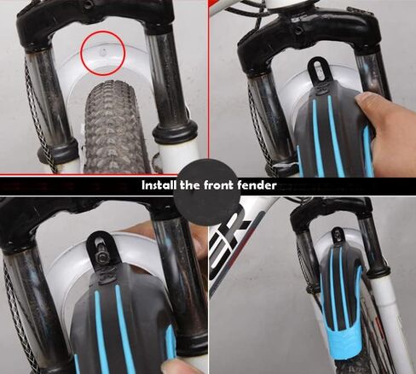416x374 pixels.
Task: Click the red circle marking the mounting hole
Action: click(103, 32)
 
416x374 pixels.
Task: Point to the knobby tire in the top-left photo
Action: click(115, 128)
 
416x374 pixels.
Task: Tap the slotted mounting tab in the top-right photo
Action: click(318, 71)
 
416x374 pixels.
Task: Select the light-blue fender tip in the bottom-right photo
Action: click(344, 343)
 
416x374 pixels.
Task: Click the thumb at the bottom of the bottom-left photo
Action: click(182, 365)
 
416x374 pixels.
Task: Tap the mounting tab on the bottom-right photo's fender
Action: click(338, 236)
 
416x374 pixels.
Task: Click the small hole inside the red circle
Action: click(104, 51)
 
